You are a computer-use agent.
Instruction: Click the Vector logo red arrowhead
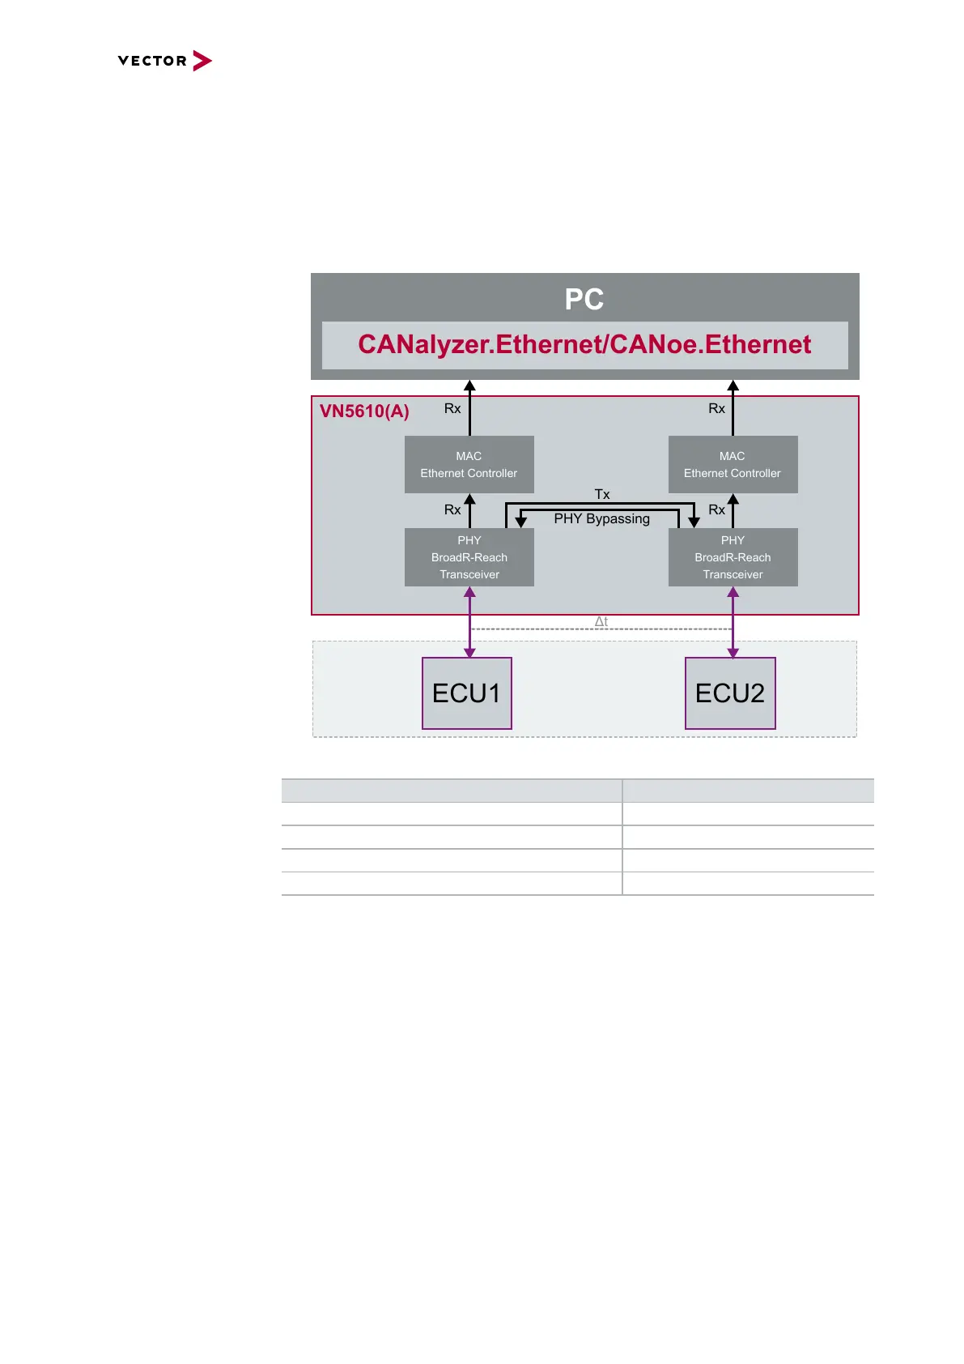tap(202, 61)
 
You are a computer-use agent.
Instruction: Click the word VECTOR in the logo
tap(152, 61)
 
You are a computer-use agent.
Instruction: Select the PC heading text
tap(584, 299)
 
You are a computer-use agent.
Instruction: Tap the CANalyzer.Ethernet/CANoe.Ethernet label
tap(584, 345)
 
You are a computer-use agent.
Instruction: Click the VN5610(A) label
tap(364, 411)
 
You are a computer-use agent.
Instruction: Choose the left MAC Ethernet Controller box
tap(469, 465)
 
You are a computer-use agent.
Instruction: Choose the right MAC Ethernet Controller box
tap(733, 465)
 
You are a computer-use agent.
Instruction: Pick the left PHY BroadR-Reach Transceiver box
tap(469, 557)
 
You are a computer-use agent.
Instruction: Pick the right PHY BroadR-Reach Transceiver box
tap(733, 557)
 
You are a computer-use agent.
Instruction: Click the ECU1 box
tap(467, 693)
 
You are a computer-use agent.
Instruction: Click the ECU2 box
tap(730, 693)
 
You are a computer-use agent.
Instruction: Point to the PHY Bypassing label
tap(601, 519)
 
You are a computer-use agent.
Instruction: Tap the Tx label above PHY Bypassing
tap(602, 494)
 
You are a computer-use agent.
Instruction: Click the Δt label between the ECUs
tap(601, 622)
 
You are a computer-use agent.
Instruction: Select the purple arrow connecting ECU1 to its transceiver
tap(469, 622)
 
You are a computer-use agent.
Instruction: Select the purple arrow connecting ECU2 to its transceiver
tap(733, 622)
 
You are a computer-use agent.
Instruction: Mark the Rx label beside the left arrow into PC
tap(452, 409)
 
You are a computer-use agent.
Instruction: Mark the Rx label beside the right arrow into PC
tap(716, 409)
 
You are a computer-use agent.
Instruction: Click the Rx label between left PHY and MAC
tap(452, 509)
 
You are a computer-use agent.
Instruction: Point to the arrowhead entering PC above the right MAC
tap(733, 386)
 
